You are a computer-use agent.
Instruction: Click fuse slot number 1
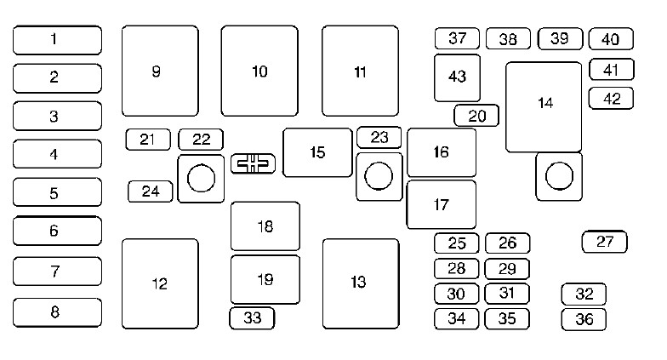coord(58,40)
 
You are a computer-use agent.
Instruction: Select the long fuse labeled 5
coord(58,192)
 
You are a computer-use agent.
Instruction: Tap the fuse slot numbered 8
coord(58,312)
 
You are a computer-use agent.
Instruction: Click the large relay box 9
coord(160,71)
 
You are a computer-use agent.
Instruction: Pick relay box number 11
coord(361,71)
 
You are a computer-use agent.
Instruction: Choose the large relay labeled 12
coord(160,284)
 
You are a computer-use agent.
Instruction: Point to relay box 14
coord(544,107)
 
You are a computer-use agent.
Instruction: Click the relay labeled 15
coord(318,152)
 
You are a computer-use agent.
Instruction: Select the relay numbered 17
coord(441,204)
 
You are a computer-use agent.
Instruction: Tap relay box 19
coord(265,279)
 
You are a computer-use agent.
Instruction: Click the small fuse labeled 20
coord(476,116)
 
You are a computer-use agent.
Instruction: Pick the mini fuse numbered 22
coord(201,140)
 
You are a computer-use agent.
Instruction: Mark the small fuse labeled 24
coord(151,191)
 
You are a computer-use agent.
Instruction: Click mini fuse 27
coord(604,242)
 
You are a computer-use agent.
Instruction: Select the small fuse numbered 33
coord(252,318)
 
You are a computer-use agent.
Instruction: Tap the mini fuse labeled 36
coord(584,320)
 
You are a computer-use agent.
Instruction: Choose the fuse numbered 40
coord(611,39)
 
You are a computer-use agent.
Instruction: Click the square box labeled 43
coord(458,78)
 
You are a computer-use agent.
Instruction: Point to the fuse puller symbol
coord(254,163)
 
